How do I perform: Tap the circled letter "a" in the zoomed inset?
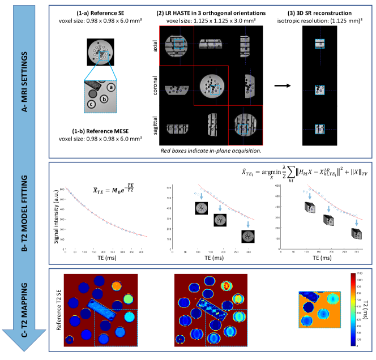[112, 87]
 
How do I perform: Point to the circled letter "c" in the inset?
[91, 104]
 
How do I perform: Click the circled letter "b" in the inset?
[105, 98]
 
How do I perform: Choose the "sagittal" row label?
[155, 126]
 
